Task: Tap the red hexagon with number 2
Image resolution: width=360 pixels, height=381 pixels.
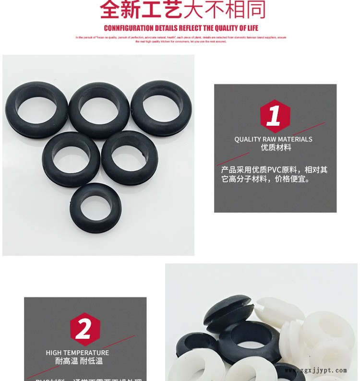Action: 84,329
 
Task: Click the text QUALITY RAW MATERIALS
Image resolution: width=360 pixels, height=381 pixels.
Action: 273,139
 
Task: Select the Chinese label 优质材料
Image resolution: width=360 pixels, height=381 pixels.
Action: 276,148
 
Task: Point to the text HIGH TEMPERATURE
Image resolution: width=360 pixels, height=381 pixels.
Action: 77,353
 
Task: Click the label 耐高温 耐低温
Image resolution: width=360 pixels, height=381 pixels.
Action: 79,361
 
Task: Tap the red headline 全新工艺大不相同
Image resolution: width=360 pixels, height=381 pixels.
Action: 182,10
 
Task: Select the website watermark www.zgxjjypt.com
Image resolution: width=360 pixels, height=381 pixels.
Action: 315,370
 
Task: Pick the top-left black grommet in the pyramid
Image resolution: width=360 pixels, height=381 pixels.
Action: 36,109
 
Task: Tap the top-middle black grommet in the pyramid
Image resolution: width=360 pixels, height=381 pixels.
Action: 99,110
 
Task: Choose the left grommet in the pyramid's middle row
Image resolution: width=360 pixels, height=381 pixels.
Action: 71,159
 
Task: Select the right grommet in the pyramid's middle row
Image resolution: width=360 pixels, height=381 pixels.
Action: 130,158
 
